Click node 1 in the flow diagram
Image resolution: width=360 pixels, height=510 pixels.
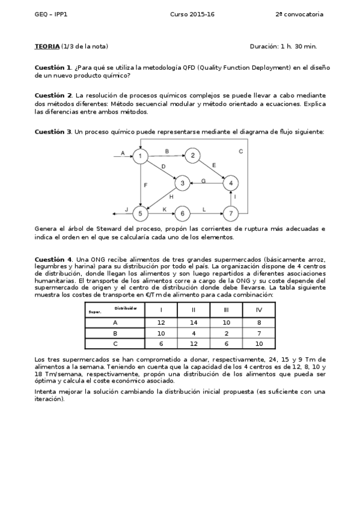point(140,156)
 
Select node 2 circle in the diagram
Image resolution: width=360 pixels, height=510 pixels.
point(192,156)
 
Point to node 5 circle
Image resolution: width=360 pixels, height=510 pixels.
point(140,213)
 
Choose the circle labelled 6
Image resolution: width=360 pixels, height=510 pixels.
point(182,213)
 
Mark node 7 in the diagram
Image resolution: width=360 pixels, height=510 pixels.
point(231,213)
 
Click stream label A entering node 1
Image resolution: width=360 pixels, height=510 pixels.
point(123,153)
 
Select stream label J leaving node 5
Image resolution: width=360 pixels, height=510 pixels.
point(126,209)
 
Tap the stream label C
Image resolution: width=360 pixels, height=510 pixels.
point(240,152)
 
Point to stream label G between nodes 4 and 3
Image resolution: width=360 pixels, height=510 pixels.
point(204,180)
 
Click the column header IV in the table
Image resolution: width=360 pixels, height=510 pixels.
point(258,310)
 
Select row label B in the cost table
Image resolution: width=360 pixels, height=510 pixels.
point(115,333)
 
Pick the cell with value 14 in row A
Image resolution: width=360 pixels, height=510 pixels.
point(193,322)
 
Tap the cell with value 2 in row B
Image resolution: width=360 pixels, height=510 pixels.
point(226,333)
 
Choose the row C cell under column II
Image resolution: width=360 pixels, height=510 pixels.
point(193,343)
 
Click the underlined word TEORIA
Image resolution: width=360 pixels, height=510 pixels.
point(47,46)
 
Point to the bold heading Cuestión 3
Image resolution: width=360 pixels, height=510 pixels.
point(53,131)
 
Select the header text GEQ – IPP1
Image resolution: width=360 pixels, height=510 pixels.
point(51,14)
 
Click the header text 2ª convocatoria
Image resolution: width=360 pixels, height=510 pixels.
point(299,14)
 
